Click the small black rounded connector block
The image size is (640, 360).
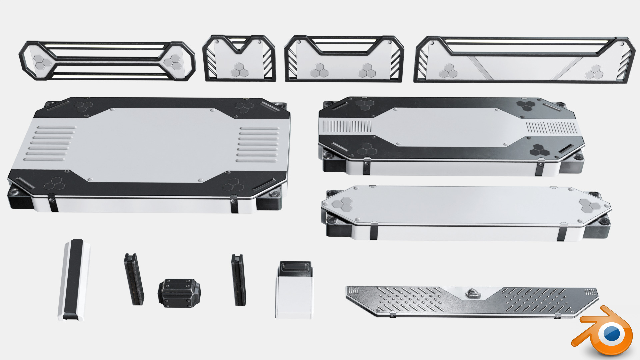tap(179, 293)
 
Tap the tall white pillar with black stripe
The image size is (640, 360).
tap(74, 280)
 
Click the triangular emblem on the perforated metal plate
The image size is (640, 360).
tap(472, 293)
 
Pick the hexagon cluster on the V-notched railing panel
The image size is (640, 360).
tap(239, 70)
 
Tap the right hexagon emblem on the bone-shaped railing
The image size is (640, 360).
tap(172, 62)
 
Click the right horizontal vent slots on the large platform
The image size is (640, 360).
tap(258, 144)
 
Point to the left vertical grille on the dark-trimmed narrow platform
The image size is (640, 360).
tap(347, 126)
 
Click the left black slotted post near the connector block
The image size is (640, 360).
tap(134, 279)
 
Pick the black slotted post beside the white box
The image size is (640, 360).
tap(239, 280)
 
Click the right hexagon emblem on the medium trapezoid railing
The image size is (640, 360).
tap(367, 70)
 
